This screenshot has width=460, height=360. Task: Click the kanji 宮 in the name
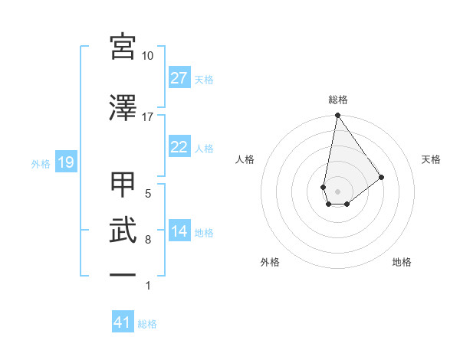pos(123,47)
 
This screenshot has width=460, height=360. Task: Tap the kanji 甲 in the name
pos(123,185)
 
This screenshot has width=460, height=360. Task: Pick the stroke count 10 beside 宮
pos(148,56)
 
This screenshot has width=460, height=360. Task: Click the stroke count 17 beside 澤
pos(148,116)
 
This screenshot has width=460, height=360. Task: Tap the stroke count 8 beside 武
pos(148,240)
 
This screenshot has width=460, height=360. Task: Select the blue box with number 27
pos(179,78)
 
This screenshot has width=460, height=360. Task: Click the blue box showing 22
pos(179,147)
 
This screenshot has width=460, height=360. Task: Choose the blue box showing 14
pos(179,231)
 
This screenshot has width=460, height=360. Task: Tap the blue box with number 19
pos(65,162)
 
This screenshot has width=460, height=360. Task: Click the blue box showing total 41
pos(123,322)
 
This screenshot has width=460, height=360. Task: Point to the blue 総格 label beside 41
pos(147,324)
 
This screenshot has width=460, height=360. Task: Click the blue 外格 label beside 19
pos(41,163)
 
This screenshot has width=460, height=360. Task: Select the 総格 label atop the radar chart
pos(337,100)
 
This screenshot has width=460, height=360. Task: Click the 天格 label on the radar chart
pos(432,159)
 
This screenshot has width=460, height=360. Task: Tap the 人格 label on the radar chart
pos(245,159)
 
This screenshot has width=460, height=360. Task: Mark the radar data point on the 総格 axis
pos(337,116)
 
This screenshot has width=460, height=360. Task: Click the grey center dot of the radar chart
pos(337,190)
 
